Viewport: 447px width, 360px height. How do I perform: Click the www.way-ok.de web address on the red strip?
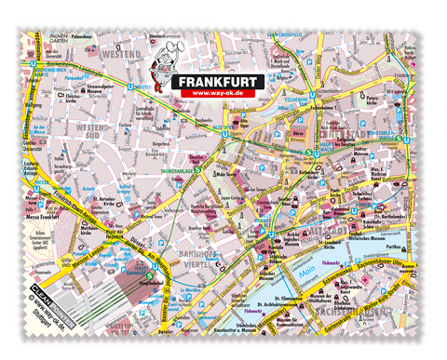point(220,94)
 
